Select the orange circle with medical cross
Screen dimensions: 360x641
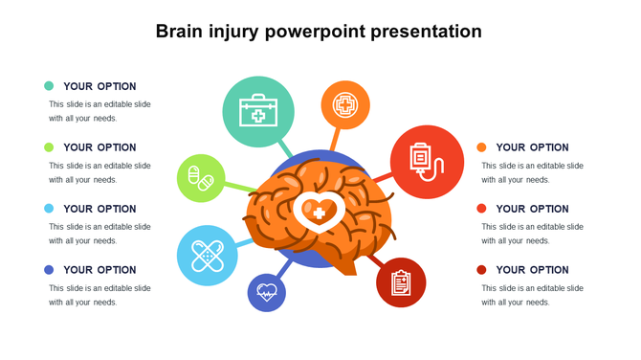[344, 104]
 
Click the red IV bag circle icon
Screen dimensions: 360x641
[421, 156]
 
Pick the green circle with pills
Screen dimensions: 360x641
[201, 178]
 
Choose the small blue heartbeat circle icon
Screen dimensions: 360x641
[267, 292]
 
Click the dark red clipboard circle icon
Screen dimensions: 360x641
[401, 281]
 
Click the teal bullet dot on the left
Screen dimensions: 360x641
[49, 86]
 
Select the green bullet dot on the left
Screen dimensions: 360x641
[49, 147]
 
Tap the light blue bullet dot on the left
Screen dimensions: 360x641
[49, 209]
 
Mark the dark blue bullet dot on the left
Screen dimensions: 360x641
[49, 270]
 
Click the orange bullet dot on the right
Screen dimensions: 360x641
[481, 147]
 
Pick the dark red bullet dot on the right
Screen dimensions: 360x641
[481, 270]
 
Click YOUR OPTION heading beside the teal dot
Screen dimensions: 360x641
[99, 86]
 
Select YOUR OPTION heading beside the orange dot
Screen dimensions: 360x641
[532, 147]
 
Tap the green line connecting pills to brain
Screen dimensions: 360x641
[241, 186]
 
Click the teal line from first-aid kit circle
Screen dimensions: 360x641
[284, 147]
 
